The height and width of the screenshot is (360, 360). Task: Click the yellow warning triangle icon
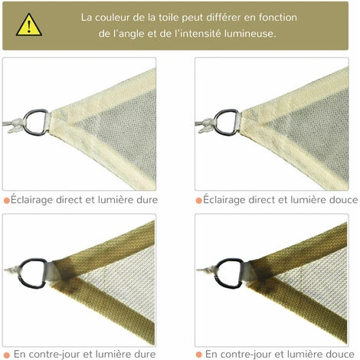[x=28, y=25]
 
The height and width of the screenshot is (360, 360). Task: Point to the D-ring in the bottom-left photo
[x=32, y=272]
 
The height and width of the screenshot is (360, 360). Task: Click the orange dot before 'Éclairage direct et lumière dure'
[x=7, y=201]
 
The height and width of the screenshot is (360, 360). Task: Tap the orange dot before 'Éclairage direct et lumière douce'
[x=199, y=201]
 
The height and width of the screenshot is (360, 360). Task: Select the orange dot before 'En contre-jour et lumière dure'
[x=7, y=354]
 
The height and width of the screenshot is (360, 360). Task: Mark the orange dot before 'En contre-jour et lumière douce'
[x=199, y=354]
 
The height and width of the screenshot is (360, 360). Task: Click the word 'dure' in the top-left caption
[x=146, y=201]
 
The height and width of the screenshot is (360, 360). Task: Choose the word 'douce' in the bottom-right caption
[x=340, y=354]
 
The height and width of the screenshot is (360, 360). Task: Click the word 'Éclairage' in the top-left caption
[x=36, y=201]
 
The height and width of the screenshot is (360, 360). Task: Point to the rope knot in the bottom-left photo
[x=11, y=270]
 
